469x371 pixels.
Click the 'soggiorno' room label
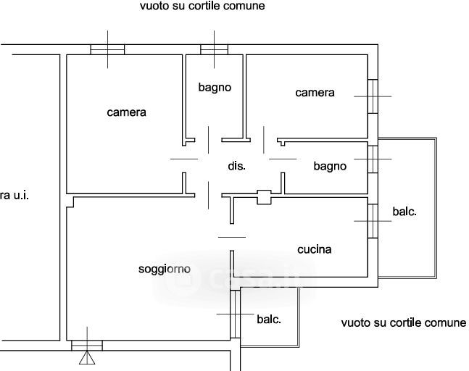point(165,269)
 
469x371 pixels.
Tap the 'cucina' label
point(315,249)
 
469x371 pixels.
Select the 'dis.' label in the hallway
point(237,166)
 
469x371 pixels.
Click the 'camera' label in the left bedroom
point(126,112)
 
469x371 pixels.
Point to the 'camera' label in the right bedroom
point(315,93)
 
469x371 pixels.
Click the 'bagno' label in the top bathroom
point(215,87)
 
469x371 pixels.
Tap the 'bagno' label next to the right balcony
point(330,166)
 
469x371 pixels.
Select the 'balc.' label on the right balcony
point(404,212)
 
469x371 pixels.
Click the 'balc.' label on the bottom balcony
point(269,319)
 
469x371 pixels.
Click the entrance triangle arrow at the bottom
point(88,357)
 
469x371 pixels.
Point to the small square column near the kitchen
point(264,196)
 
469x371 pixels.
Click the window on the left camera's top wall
point(107,49)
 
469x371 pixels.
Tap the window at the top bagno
point(215,49)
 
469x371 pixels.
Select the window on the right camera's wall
point(373,96)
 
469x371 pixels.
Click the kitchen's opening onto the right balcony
point(373,220)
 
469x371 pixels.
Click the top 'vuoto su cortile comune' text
point(202,6)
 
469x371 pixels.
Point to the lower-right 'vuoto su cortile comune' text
point(404,323)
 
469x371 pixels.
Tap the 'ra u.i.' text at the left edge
point(14,195)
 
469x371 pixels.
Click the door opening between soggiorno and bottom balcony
point(235,314)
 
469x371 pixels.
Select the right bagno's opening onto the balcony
point(373,159)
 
